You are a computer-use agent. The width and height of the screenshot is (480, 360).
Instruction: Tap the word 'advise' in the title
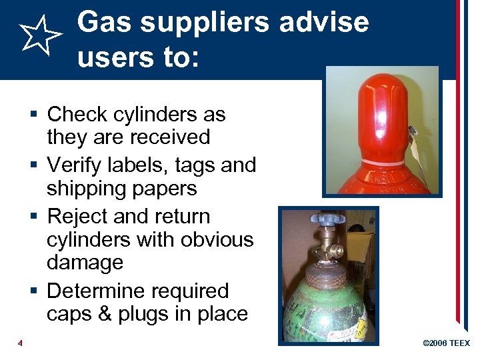(x=324, y=22)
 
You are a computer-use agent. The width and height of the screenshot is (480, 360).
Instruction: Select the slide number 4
(x=20, y=343)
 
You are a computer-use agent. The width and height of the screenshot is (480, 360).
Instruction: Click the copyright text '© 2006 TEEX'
(x=447, y=343)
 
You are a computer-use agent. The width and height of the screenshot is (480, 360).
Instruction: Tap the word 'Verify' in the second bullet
(x=77, y=165)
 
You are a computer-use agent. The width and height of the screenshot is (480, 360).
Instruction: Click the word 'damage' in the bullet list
(x=85, y=262)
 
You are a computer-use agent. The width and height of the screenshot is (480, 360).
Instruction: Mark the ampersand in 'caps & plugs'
(x=104, y=314)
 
